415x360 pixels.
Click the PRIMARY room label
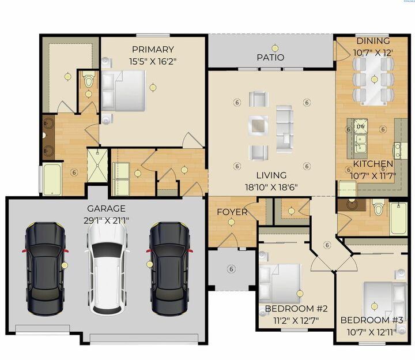pos(152,49)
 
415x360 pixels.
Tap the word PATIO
pos(270,58)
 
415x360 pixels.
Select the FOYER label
pos(232,212)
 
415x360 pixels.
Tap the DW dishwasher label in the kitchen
pos(360,126)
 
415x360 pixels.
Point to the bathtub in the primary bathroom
pos(52,179)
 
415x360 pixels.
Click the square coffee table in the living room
pos(258,125)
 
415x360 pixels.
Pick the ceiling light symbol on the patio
pos(275,48)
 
